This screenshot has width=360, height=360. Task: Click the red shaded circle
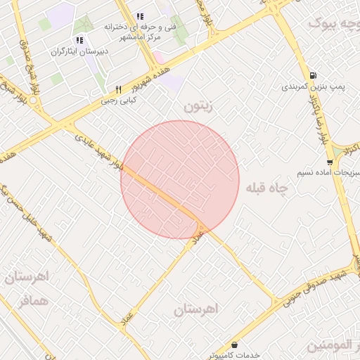click(x=180, y=179)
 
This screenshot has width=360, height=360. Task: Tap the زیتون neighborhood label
click(x=198, y=107)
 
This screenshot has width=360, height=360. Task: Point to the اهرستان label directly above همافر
click(x=29, y=276)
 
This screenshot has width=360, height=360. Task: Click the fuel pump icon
click(x=312, y=76)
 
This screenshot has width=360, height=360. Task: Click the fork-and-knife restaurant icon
click(x=118, y=89)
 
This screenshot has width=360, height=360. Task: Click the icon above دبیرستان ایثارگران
click(x=79, y=39)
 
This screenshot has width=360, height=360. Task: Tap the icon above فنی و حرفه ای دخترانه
click(x=140, y=16)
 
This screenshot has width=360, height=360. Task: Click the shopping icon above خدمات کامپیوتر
click(x=233, y=345)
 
